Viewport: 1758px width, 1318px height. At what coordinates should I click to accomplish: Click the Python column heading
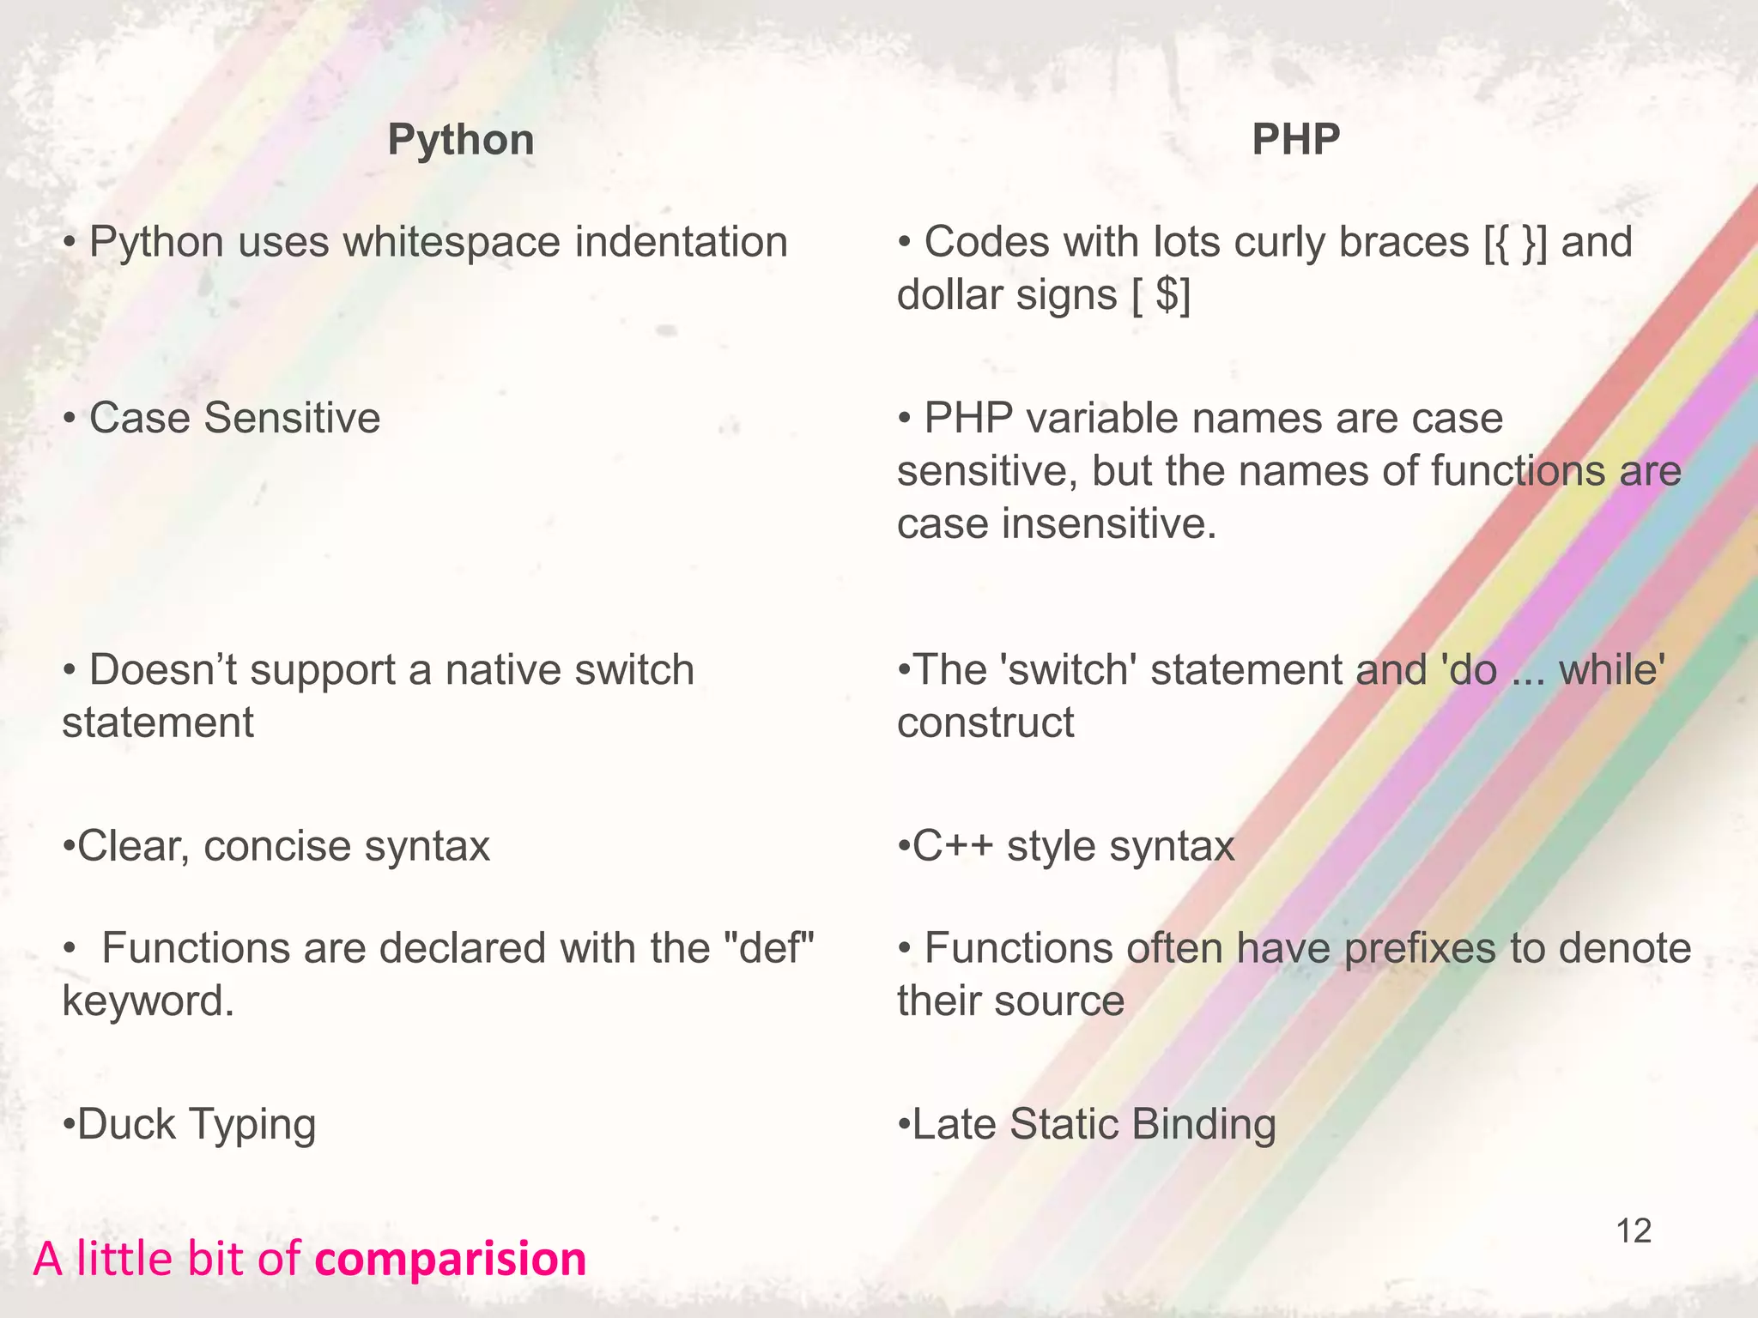click(460, 140)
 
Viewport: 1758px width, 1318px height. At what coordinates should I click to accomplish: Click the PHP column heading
click(1295, 140)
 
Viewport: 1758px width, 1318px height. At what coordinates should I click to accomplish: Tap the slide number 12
click(1634, 1231)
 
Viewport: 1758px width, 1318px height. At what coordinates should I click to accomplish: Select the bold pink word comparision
click(451, 1259)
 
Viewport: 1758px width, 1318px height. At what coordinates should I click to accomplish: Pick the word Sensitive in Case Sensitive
click(292, 419)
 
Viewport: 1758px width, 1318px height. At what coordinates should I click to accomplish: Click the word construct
click(985, 722)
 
